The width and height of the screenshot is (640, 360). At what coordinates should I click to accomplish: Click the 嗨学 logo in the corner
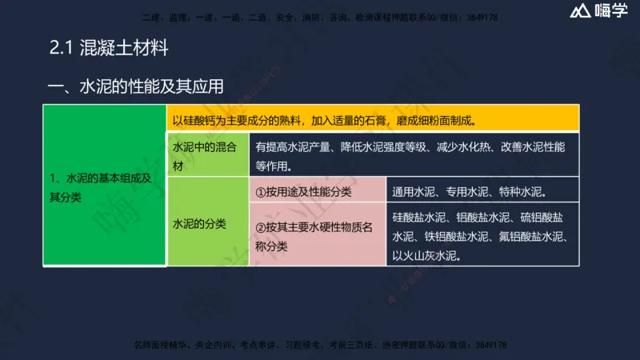click(x=598, y=11)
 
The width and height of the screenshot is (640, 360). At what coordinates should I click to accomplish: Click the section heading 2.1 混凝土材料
click(x=110, y=47)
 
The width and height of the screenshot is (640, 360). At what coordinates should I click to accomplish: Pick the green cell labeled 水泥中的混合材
click(x=207, y=157)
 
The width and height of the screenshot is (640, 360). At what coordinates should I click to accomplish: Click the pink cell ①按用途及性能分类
click(x=318, y=192)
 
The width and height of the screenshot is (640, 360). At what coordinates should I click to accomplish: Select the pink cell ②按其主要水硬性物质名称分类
click(x=318, y=237)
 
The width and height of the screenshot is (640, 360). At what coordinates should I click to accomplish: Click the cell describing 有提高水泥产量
click(x=414, y=157)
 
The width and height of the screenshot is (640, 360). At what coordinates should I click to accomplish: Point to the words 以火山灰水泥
click(x=426, y=257)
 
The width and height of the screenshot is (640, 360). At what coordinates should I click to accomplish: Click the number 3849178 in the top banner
click(x=486, y=16)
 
